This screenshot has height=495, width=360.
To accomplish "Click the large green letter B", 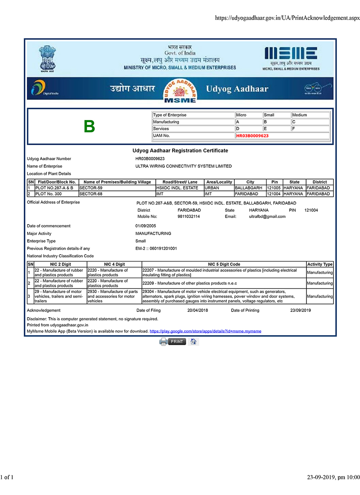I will (89, 126).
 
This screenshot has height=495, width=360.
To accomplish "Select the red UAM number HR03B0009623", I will (252, 136).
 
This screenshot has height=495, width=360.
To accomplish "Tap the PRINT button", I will (177, 341).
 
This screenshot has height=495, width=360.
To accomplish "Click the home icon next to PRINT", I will (194, 341).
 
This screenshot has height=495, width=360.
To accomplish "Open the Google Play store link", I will (205, 331).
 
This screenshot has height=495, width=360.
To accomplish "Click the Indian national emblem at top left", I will (47, 58).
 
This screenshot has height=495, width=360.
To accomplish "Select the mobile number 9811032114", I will (189, 216).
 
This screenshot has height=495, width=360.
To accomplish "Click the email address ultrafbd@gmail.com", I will (267, 216).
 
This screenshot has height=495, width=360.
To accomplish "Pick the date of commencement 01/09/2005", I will (146, 226).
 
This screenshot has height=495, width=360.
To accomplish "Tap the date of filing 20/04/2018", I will (198, 310).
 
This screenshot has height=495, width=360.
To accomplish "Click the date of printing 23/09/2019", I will (301, 310).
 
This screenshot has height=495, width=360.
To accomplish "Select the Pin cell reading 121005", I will (274, 188).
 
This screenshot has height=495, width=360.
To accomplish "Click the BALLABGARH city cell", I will (248, 188).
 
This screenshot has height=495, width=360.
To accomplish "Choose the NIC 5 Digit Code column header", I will (224, 264).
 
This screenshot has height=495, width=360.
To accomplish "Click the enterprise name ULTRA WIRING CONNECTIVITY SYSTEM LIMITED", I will (184, 166).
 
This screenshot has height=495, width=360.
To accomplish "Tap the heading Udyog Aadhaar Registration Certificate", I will (180, 150).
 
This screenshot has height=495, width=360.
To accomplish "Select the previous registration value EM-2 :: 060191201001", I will (156, 248).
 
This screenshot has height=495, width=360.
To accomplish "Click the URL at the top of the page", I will (287, 18).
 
